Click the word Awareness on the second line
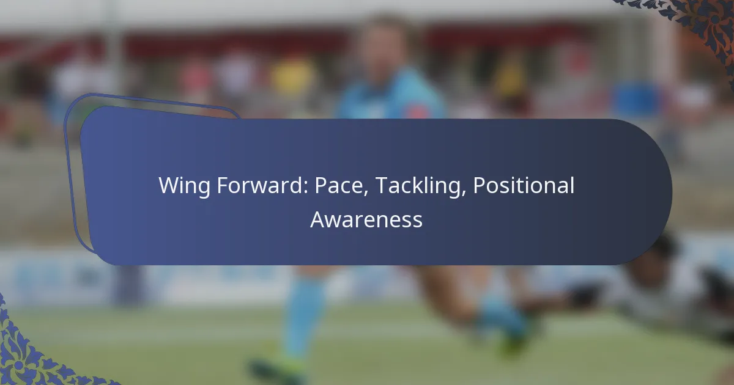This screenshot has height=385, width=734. point(366,219)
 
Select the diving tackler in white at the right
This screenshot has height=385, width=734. point(661,287)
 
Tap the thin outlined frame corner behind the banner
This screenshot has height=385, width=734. point(73,113)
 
